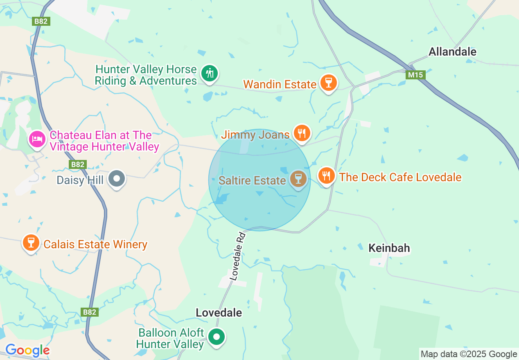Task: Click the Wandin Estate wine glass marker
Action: (x=328, y=83)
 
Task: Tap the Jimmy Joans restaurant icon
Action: (x=302, y=133)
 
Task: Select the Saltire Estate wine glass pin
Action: (x=298, y=179)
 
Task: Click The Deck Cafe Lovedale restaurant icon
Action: (x=326, y=176)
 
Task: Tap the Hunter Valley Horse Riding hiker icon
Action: (x=210, y=74)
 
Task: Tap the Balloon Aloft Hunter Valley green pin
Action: (x=217, y=337)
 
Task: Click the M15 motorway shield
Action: (x=416, y=75)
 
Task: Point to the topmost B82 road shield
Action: (x=41, y=21)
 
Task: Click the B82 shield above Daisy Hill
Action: (x=77, y=164)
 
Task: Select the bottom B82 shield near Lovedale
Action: (x=90, y=312)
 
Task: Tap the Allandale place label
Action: (x=452, y=52)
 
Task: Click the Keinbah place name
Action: (x=389, y=248)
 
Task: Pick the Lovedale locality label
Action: (x=219, y=313)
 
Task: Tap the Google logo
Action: (x=27, y=350)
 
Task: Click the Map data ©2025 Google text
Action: (x=469, y=354)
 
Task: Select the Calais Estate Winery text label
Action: (x=95, y=245)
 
